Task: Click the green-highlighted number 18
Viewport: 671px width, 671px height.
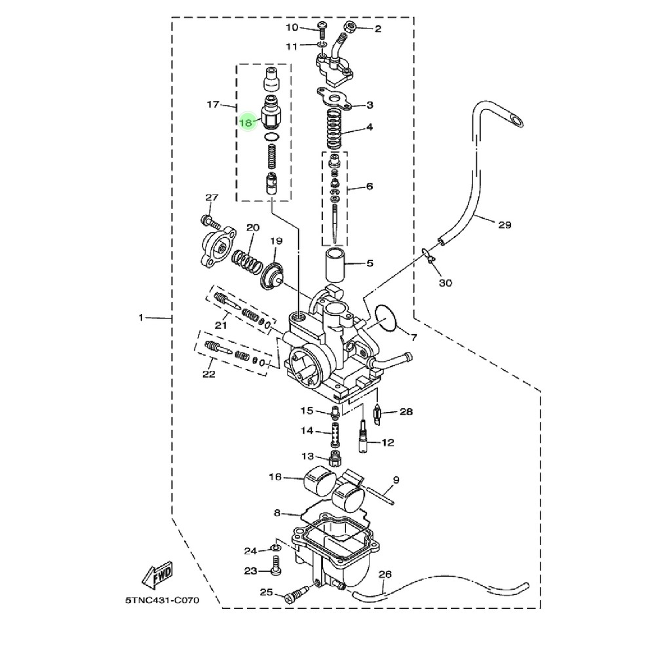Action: (246, 123)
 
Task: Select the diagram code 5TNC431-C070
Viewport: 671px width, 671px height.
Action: (163, 600)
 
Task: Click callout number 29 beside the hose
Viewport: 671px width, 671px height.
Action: (505, 225)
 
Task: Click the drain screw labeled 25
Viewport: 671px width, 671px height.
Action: (296, 594)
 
